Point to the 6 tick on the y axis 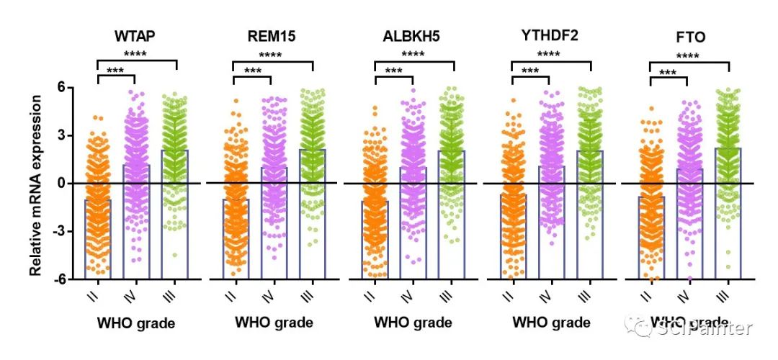(61, 87)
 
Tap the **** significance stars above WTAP (137, 54)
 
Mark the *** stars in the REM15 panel (252, 71)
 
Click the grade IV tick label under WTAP (135, 294)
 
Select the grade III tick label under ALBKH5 (446, 295)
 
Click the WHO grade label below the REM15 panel (274, 323)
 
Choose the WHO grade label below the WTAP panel (136, 323)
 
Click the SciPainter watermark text (704, 328)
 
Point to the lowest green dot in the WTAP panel (174, 255)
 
